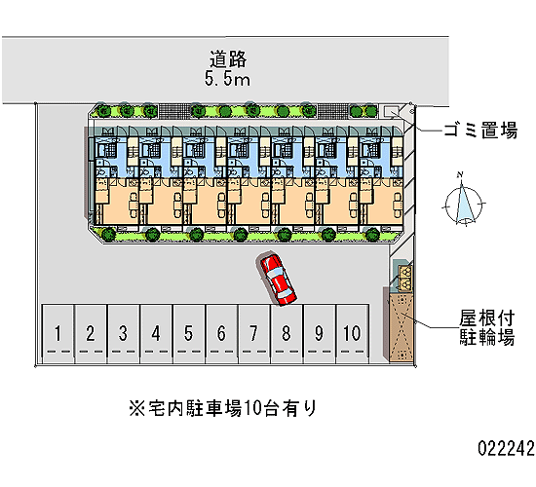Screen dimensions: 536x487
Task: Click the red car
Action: tap(277, 279)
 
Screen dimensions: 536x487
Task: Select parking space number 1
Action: tap(57, 334)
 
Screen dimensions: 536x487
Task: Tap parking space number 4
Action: tap(156, 334)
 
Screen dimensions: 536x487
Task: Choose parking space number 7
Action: tap(254, 334)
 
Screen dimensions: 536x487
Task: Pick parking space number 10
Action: tap(353, 334)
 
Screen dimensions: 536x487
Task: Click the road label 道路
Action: tap(228, 59)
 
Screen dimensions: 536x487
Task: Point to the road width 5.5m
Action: tap(227, 79)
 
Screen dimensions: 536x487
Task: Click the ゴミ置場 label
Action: tap(480, 131)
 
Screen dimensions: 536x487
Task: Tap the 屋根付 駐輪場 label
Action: tap(486, 327)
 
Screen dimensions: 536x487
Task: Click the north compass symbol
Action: tap(463, 200)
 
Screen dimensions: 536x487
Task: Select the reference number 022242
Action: tap(506, 448)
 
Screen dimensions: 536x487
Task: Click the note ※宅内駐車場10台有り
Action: tap(223, 408)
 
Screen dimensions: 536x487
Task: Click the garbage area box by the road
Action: tap(391, 111)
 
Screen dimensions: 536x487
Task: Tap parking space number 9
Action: tap(320, 334)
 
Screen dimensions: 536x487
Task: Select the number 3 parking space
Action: tap(123, 334)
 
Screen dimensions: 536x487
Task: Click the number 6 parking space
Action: tap(221, 334)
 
